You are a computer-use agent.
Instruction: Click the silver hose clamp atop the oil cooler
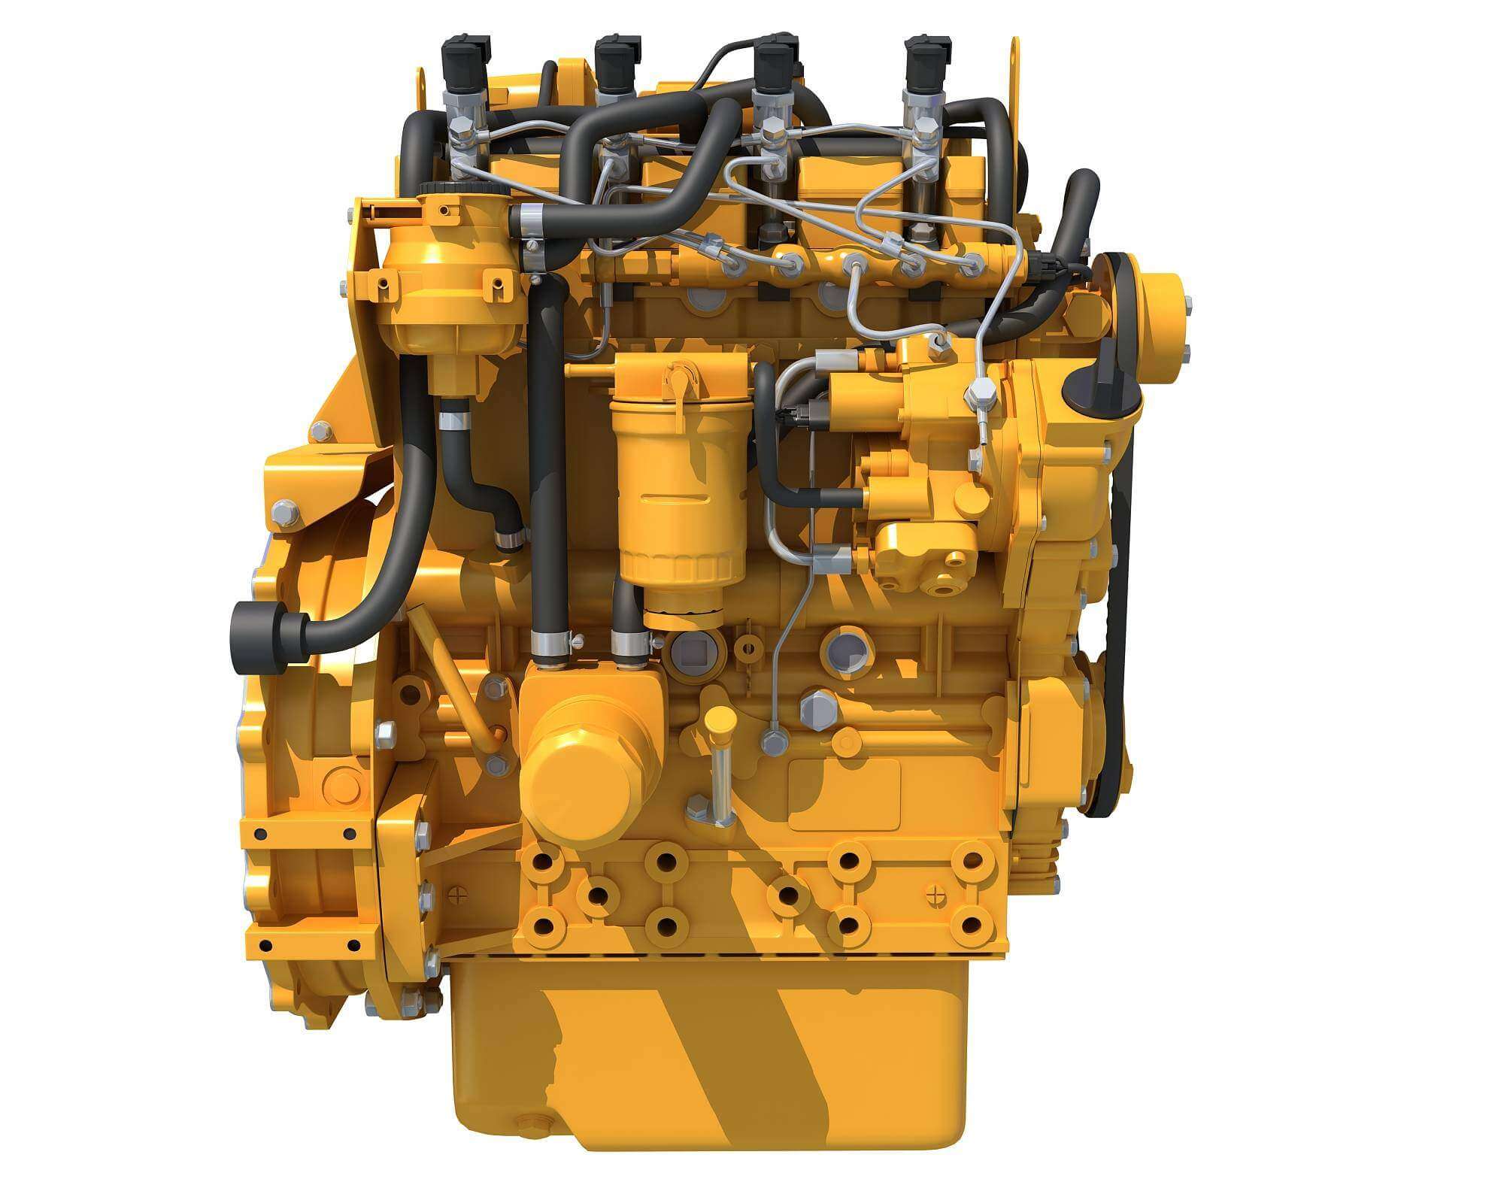coord(550,644)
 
